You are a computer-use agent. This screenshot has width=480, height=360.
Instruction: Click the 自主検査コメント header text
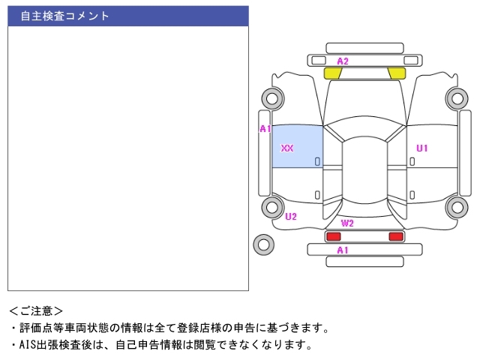(64, 16)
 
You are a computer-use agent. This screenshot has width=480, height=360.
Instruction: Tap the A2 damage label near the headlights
(343, 61)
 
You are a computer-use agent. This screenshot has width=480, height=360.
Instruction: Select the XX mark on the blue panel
(287, 148)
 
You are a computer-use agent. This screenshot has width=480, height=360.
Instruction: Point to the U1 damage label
(422, 148)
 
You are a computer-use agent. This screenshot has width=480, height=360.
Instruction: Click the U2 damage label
(291, 217)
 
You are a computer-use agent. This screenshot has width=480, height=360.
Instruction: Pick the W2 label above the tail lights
(347, 223)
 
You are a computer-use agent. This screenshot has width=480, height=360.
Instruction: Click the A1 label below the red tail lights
(343, 250)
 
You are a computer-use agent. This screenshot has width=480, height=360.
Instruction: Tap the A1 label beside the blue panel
(265, 129)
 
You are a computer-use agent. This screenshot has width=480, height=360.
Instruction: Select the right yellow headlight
(397, 73)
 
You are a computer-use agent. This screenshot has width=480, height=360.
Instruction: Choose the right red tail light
(395, 236)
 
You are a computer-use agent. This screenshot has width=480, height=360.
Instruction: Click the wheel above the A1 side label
(271, 97)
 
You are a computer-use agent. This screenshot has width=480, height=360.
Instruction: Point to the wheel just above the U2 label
(271, 207)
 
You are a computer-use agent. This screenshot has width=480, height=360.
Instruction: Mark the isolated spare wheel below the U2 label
(263, 244)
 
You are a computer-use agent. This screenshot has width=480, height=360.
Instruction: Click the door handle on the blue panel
(317, 161)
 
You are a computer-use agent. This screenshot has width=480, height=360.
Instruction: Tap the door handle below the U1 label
(412, 160)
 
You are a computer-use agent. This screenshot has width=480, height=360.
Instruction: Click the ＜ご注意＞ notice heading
(36, 310)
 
